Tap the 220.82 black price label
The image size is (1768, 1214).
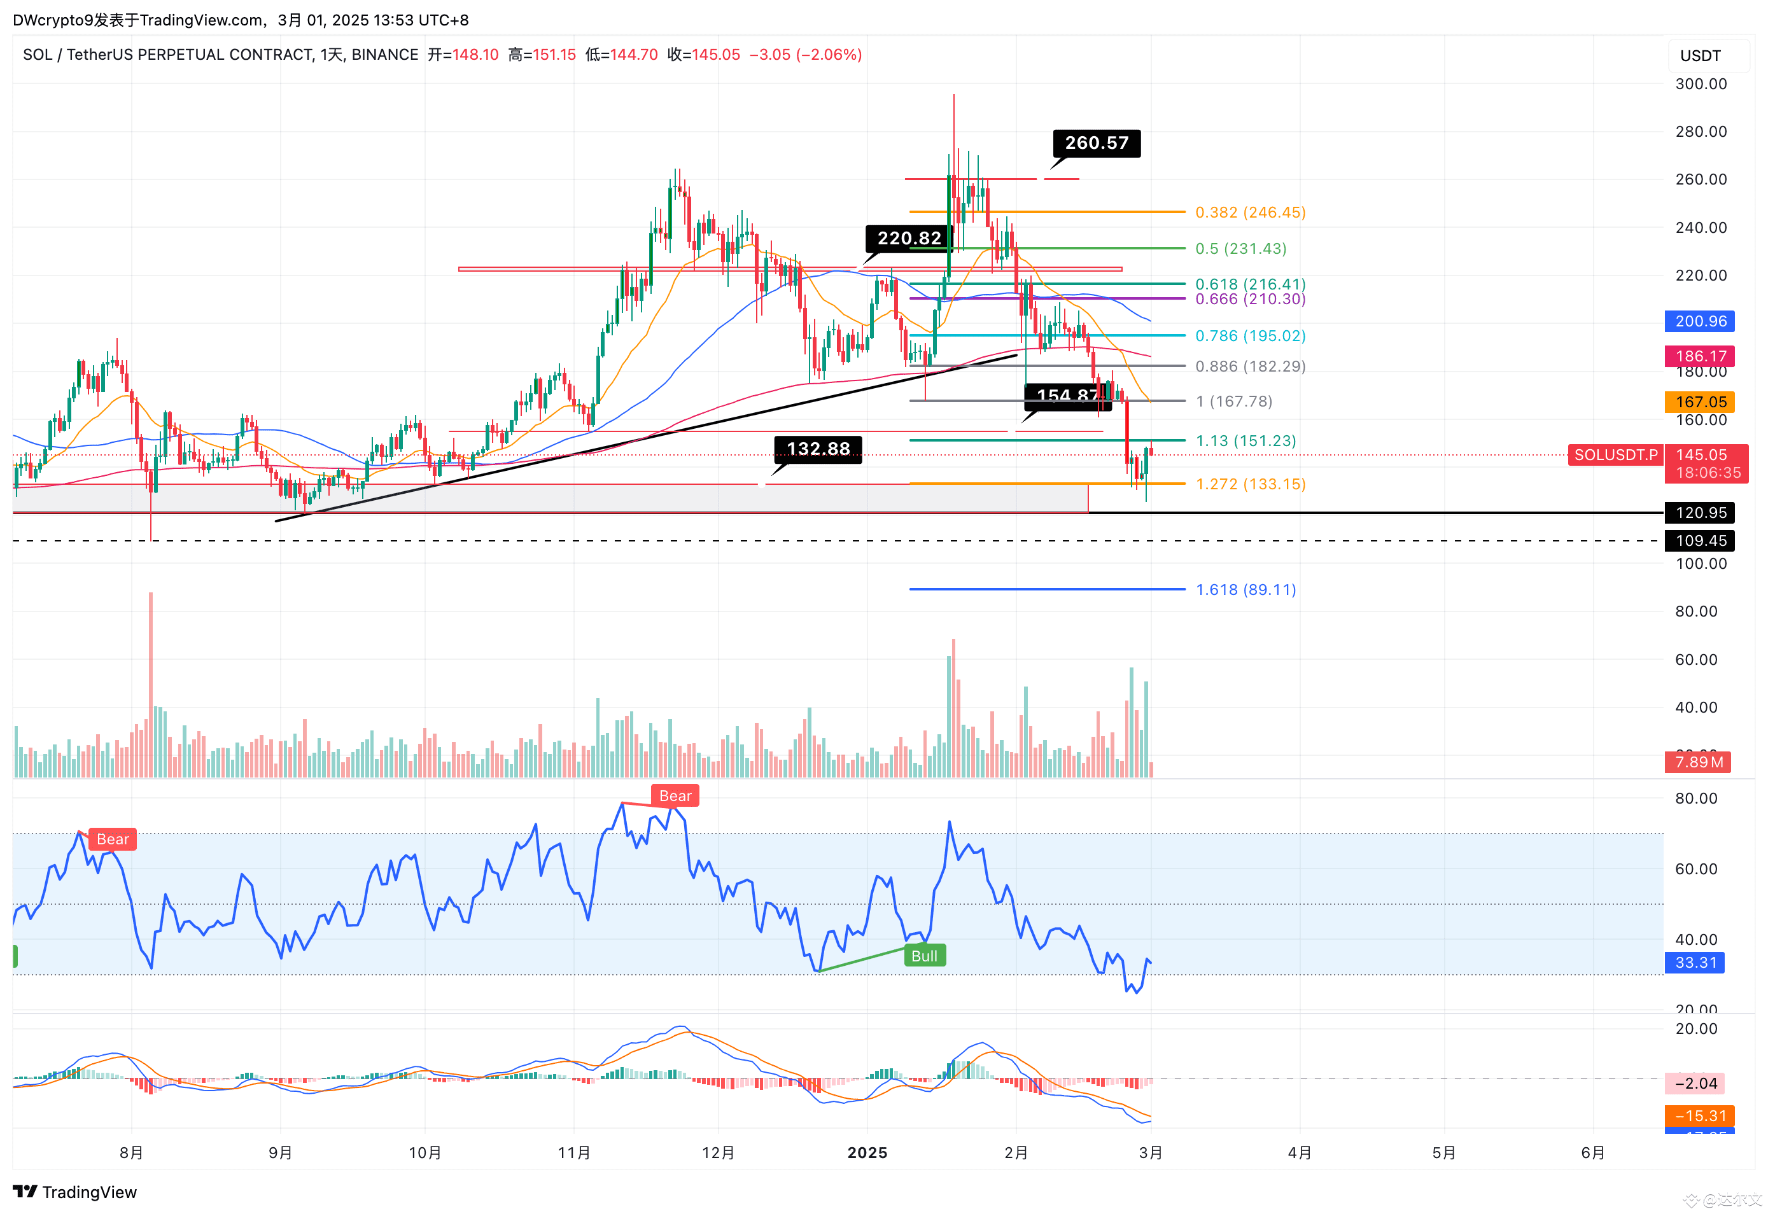click(x=908, y=238)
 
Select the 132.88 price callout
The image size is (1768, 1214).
click(x=818, y=449)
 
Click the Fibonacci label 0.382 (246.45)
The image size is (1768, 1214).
click(x=1250, y=213)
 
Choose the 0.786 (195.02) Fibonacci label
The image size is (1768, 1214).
click(x=1250, y=335)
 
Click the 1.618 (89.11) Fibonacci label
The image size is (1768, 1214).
click(x=1245, y=590)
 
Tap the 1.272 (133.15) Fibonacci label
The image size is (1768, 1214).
click(x=1250, y=484)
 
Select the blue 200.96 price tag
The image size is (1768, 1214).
click(x=1699, y=321)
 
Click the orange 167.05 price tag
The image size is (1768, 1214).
click(x=1699, y=401)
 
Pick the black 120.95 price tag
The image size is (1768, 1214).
click(x=1699, y=513)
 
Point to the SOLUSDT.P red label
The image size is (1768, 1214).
click(x=1615, y=455)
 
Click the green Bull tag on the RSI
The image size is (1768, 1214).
click(x=924, y=956)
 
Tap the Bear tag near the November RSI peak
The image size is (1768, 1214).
click(x=675, y=795)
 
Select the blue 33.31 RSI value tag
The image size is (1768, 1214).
click(x=1695, y=962)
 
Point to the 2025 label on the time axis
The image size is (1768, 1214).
click(x=867, y=1152)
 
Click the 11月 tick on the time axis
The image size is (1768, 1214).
click(x=573, y=1152)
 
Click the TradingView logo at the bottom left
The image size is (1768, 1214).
click(x=74, y=1192)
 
